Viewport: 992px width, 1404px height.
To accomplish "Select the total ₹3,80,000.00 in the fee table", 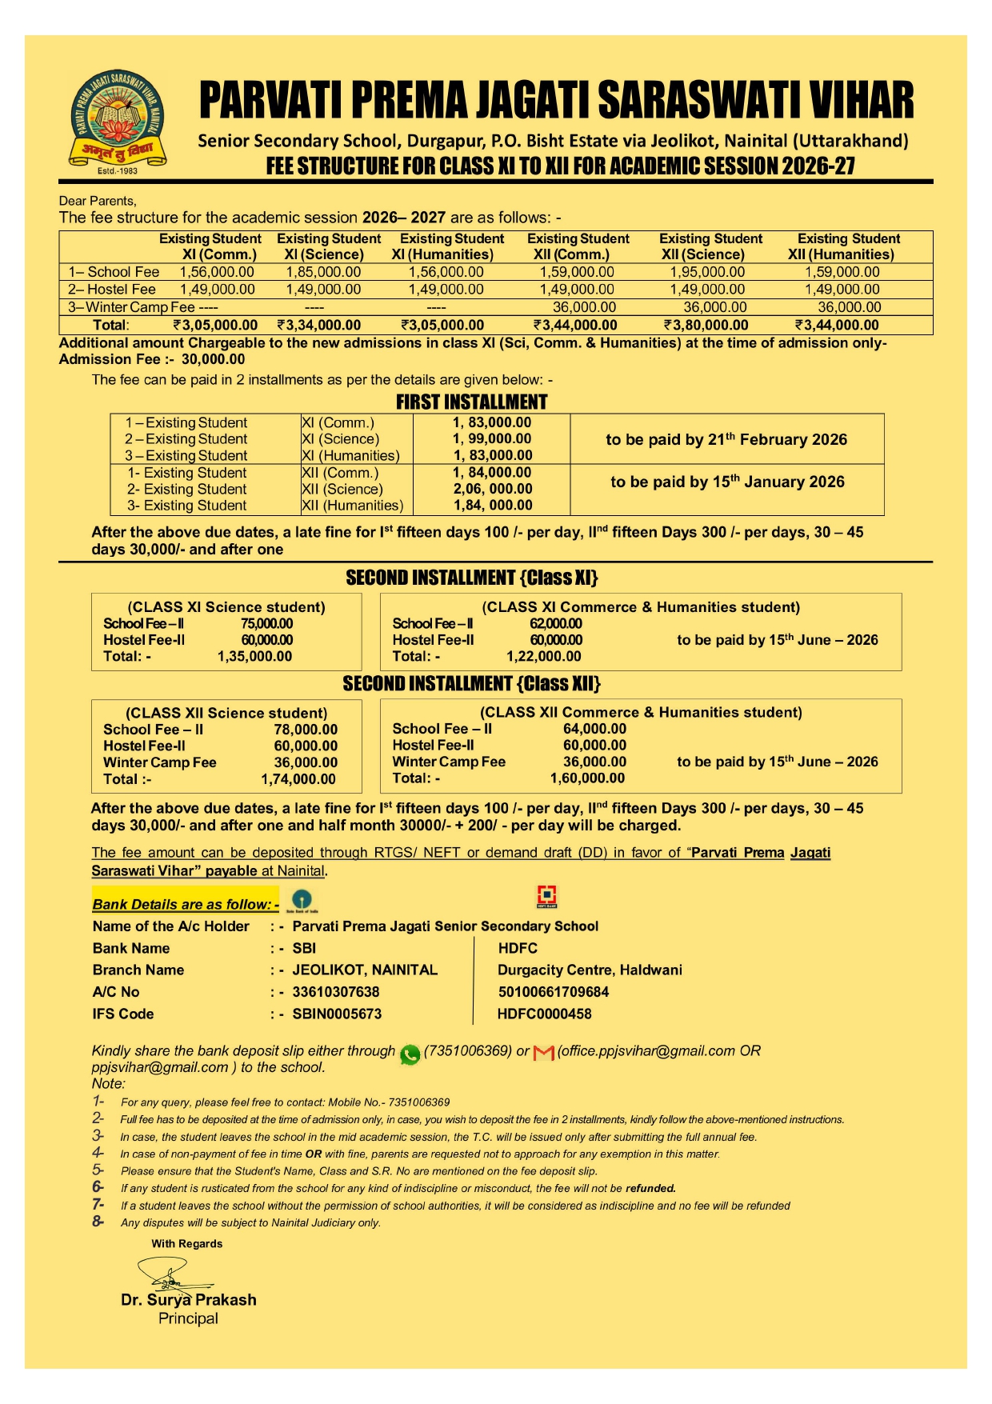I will pos(706,325).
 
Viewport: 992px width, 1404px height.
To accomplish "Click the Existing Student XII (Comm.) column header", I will pos(578,246).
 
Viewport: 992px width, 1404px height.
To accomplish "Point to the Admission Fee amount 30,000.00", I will pos(213,359).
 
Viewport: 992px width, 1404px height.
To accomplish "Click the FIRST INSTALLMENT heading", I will pos(471,402).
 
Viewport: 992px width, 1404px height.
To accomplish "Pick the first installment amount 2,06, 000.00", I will pos(493,489).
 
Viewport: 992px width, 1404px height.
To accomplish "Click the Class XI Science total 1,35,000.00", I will pos(254,656).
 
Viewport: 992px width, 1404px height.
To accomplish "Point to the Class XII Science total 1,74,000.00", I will pos(298,779).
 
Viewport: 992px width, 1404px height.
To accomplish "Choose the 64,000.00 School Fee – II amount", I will pos(594,729).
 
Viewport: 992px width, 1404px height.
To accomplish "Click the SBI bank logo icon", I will pos(302,899).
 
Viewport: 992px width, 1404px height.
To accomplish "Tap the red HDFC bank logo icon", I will pos(546,896).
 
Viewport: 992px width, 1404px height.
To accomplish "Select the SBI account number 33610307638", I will pos(336,992).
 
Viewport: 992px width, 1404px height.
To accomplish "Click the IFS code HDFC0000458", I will pos(545,1014).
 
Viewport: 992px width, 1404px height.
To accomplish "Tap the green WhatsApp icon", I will pos(410,1054).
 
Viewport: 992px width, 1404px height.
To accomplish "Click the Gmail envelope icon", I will pos(543,1053).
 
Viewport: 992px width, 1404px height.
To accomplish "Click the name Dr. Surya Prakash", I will pos(189,1300).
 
